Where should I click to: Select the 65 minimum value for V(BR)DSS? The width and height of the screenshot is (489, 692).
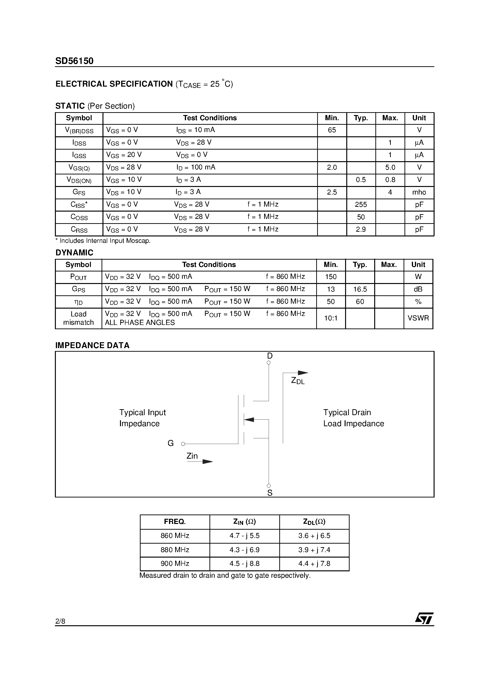point(332,130)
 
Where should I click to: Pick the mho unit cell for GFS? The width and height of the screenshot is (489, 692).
point(419,192)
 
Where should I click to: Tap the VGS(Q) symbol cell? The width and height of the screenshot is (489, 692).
point(79,168)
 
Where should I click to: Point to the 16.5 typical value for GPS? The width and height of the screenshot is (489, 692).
point(360,289)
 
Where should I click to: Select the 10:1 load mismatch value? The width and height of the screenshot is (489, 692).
point(331,318)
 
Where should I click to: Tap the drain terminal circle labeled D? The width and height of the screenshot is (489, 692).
point(269,363)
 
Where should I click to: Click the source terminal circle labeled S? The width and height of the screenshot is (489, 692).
point(269,486)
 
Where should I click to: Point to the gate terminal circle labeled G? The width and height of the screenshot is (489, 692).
point(183,444)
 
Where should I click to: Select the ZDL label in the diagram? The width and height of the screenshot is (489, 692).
point(298,381)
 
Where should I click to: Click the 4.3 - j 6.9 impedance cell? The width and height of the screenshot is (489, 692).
point(244,550)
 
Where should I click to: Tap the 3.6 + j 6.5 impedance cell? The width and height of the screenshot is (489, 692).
point(314,536)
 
